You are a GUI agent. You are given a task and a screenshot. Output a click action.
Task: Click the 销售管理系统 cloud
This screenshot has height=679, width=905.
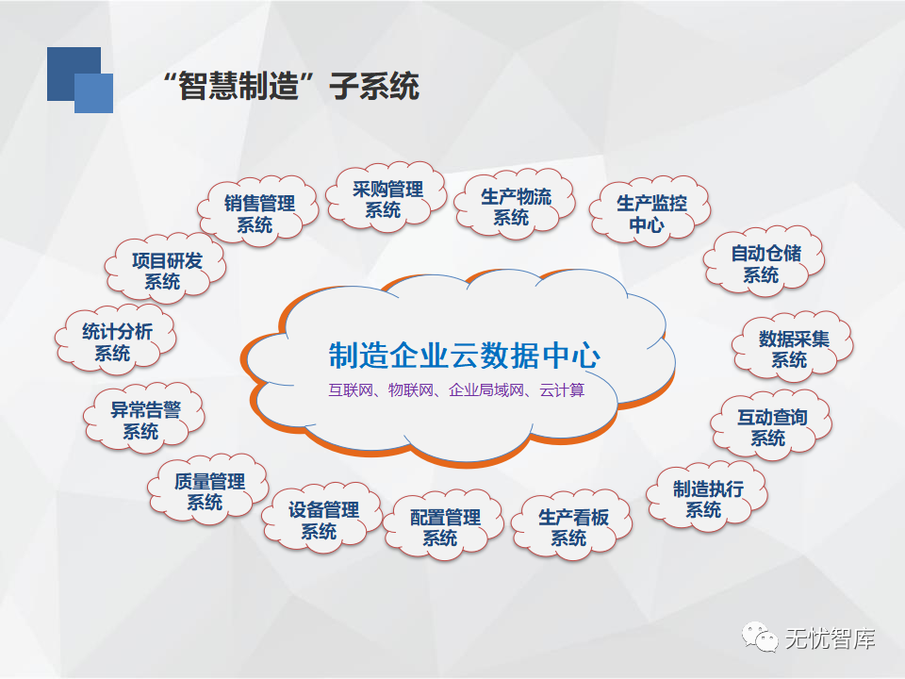point(258,211)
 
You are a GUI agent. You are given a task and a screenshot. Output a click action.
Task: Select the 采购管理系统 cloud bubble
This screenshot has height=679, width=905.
point(387,197)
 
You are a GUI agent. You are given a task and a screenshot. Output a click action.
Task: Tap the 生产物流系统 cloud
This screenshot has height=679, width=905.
point(515,205)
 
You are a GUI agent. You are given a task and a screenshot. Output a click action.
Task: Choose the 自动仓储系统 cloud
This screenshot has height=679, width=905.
point(765,261)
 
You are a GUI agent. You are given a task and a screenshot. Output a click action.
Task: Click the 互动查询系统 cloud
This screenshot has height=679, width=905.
point(771,425)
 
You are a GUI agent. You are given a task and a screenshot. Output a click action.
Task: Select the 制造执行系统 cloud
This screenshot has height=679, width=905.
point(707,497)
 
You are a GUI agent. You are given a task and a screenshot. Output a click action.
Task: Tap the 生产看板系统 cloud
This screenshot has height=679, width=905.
point(572,525)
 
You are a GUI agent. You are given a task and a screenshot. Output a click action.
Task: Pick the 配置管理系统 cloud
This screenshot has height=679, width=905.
point(444,525)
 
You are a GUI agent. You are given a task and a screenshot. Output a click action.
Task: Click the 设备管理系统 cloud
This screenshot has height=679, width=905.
point(322,519)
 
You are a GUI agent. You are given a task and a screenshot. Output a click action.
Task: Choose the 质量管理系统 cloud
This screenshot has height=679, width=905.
point(208,489)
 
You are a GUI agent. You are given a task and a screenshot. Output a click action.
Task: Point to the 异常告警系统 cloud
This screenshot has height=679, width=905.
point(144,419)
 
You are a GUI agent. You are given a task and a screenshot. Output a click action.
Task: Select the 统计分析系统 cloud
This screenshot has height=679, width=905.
point(115,340)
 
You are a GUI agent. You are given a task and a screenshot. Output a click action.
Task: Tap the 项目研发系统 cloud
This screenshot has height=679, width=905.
point(166,269)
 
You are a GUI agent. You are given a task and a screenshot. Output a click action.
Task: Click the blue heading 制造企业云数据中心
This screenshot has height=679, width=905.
point(465,356)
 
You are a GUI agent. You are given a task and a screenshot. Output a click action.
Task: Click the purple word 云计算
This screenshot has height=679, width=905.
point(562,390)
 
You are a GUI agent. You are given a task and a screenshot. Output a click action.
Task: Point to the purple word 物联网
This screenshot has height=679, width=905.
point(411,390)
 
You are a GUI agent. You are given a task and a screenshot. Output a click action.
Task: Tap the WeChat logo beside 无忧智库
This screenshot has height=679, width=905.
point(760,638)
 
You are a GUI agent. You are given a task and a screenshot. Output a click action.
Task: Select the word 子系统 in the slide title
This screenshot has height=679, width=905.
point(374,87)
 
